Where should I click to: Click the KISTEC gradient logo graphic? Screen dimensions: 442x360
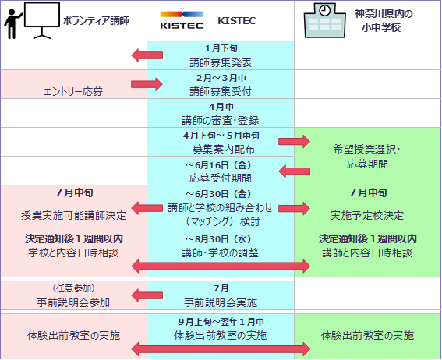pos(182,20)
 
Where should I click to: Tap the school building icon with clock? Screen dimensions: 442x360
pos(325,20)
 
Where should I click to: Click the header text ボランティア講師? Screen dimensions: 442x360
pos(96,20)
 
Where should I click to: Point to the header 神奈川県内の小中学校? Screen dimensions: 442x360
pos(384,20)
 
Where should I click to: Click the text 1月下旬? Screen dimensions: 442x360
pos(221,48)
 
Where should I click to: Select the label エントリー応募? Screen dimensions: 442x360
pos(73,91)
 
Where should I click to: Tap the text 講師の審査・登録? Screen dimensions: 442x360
pos(221,120)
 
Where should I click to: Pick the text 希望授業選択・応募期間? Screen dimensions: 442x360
pos(366,157)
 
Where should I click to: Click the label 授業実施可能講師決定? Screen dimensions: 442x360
pos(73,216)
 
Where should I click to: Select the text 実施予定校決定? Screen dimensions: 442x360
pos(367,216)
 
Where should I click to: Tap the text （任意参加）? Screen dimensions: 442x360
pos(73,288)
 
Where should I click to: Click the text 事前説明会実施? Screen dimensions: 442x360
pos(221,302)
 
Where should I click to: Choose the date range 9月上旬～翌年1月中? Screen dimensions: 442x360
pos(221,321)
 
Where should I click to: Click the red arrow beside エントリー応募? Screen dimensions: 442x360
pos(147,84)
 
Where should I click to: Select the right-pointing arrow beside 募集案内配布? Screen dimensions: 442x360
pos(294,141)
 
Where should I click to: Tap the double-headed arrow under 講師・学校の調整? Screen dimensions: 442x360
pos(221,266)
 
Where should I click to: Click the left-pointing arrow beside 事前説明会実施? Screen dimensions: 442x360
pos(147,295)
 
